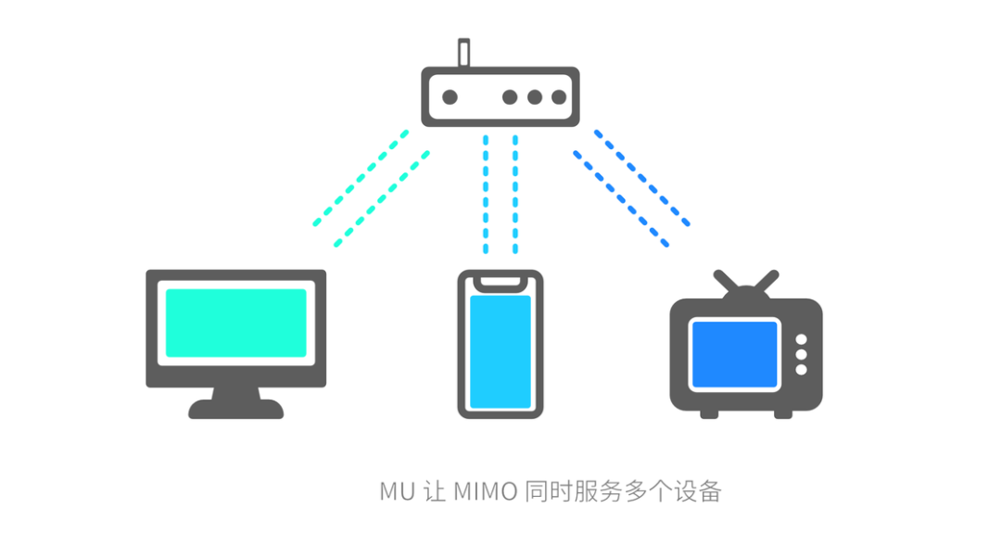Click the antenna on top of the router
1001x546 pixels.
click(x=463, y=52)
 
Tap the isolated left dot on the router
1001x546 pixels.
click(x=450, y=96)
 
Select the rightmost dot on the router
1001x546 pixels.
click(x=558, y=96)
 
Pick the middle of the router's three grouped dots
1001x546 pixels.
click(x=534, y=96)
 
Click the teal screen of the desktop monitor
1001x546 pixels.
click(x=235, y=323)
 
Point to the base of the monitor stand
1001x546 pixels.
click(x=235, y=409)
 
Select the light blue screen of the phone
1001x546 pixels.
click(x=500, y=352)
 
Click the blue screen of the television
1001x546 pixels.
click(x=734, y=354)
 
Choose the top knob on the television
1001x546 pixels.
click(x=802, y=339)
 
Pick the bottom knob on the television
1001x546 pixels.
click(x=802, y=370)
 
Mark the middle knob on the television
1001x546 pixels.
click(x=802, y=355)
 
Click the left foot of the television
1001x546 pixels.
click(x=709, y=413)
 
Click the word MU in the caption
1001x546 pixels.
click(x=396, y=491)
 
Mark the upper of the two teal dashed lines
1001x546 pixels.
click(x=361, y=177)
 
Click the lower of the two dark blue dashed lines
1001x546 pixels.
click(x=621, y=198)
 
